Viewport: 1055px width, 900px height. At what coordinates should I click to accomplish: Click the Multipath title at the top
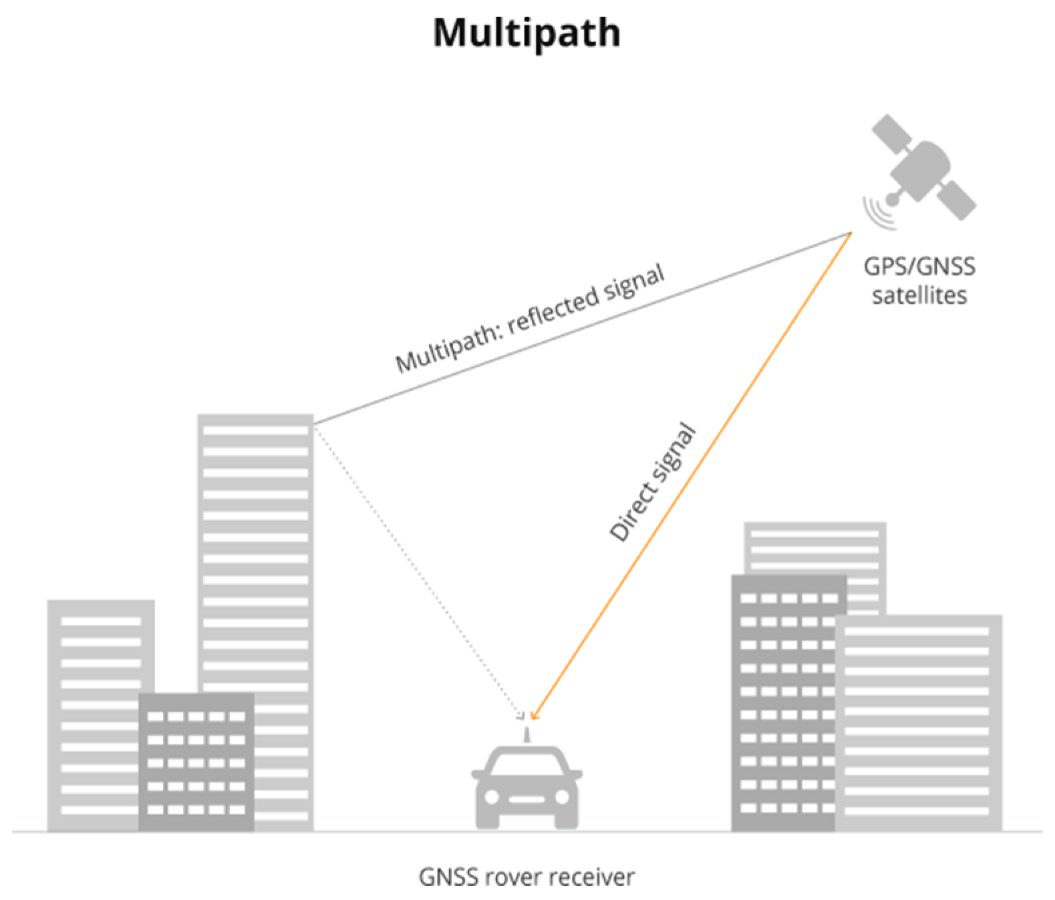click(526, 32)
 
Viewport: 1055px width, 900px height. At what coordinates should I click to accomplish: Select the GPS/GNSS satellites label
click(919, 281)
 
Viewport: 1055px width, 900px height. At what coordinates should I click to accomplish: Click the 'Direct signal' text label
click(653, 483)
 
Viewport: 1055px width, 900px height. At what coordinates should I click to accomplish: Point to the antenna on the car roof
click(526, 736)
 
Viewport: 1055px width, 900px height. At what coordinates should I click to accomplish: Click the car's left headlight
click(492, 797)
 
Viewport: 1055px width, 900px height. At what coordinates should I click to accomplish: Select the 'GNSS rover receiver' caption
click(526, 876)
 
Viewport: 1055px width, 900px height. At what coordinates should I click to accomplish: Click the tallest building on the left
click(255, 535)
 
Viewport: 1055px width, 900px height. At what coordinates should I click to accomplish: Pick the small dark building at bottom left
click(196, 762)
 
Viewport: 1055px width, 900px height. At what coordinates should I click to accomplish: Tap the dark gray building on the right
click(782, 702)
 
